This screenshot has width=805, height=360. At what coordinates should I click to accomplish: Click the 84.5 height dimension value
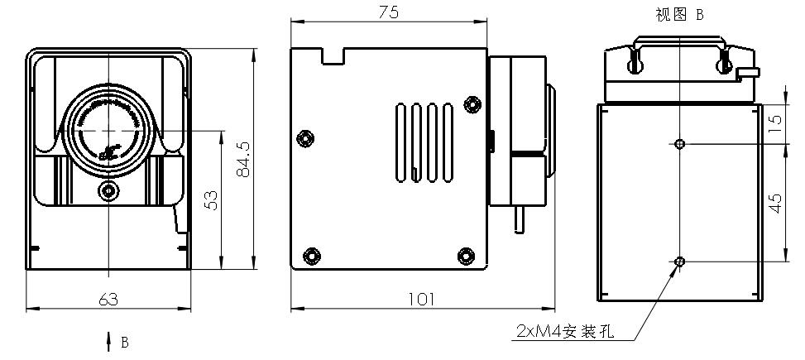coord(242,158)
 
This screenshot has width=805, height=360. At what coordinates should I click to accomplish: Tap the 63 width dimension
coord(108,300)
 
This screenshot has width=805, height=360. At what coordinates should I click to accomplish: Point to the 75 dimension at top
coord(388,12)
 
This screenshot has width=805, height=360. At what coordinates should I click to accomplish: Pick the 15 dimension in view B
coord(775,124)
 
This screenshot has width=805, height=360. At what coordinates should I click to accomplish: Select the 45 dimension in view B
coord(775,202)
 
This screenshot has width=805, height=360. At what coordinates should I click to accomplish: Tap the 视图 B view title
coord(678,14)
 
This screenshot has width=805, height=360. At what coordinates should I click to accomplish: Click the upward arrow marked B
coord(108,341)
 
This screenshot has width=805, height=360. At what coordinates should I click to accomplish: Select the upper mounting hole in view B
coord(679,144)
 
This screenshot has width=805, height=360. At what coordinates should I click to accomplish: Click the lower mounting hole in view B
coord(679,262)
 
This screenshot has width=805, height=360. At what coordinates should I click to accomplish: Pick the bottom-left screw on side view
coord(312,254)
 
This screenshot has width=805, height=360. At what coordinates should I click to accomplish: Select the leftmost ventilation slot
coord(400,141)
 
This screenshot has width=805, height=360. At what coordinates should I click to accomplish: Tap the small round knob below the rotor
coord(108,192)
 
